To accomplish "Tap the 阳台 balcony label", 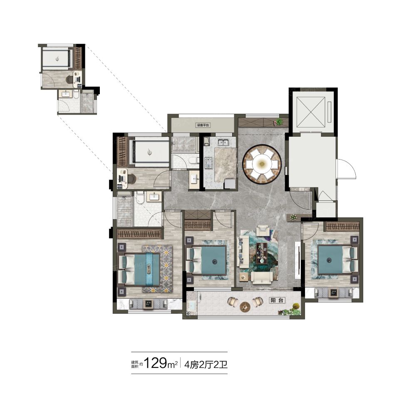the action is tap(277, 300).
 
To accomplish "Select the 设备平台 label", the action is tap(203, 125).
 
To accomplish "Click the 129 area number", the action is tap(156, 363).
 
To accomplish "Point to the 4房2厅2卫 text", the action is tap(206, 365).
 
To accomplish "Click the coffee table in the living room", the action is tap(262, 253).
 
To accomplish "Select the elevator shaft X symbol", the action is tap(310, 112).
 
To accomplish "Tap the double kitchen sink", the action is tap(223, 142).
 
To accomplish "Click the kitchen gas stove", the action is tap(208, 162).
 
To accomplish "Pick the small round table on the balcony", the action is tap(245, 306).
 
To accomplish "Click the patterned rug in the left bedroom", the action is tap(157, 269).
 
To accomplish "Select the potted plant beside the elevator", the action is tap(279, 122).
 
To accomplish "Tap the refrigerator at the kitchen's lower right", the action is tap(229, 183).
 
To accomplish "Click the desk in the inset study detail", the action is tap(76, 79).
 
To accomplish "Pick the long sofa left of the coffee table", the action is tap(243, 252).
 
